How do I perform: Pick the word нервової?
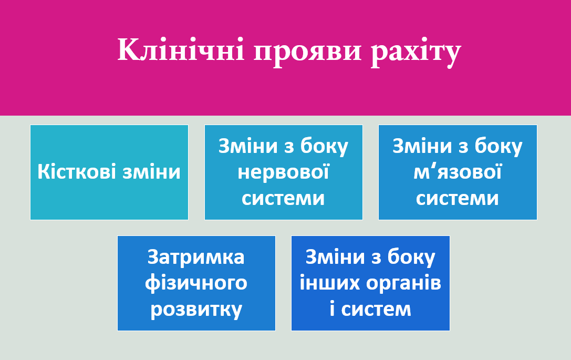tap(283, 172)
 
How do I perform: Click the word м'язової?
tap(458, 172)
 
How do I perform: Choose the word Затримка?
tap(196, 257)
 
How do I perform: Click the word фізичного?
tap(196, 283)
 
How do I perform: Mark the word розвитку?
tap(196, 310)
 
